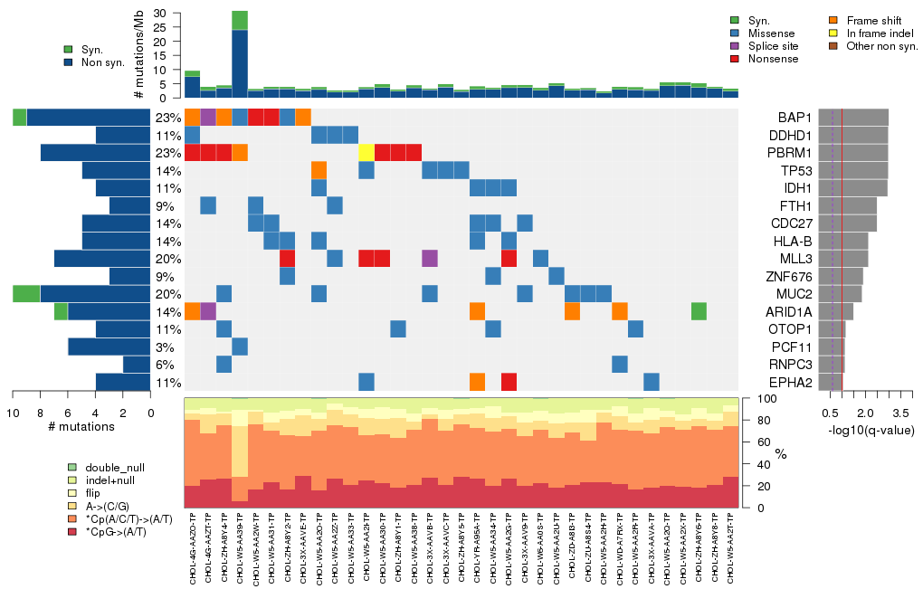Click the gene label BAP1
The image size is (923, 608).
pos(793,118)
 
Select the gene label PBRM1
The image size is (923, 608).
pos(789,152)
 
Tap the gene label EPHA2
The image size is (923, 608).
pos(791,382)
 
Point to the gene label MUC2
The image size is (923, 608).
pos(793,293)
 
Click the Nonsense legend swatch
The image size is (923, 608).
pos(736,59)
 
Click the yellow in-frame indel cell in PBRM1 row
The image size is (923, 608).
pos(366,152)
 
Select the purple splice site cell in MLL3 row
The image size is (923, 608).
pos(430,259)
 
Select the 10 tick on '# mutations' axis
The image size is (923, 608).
pos(13,413)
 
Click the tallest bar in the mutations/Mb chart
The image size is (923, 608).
pos(240,54)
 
